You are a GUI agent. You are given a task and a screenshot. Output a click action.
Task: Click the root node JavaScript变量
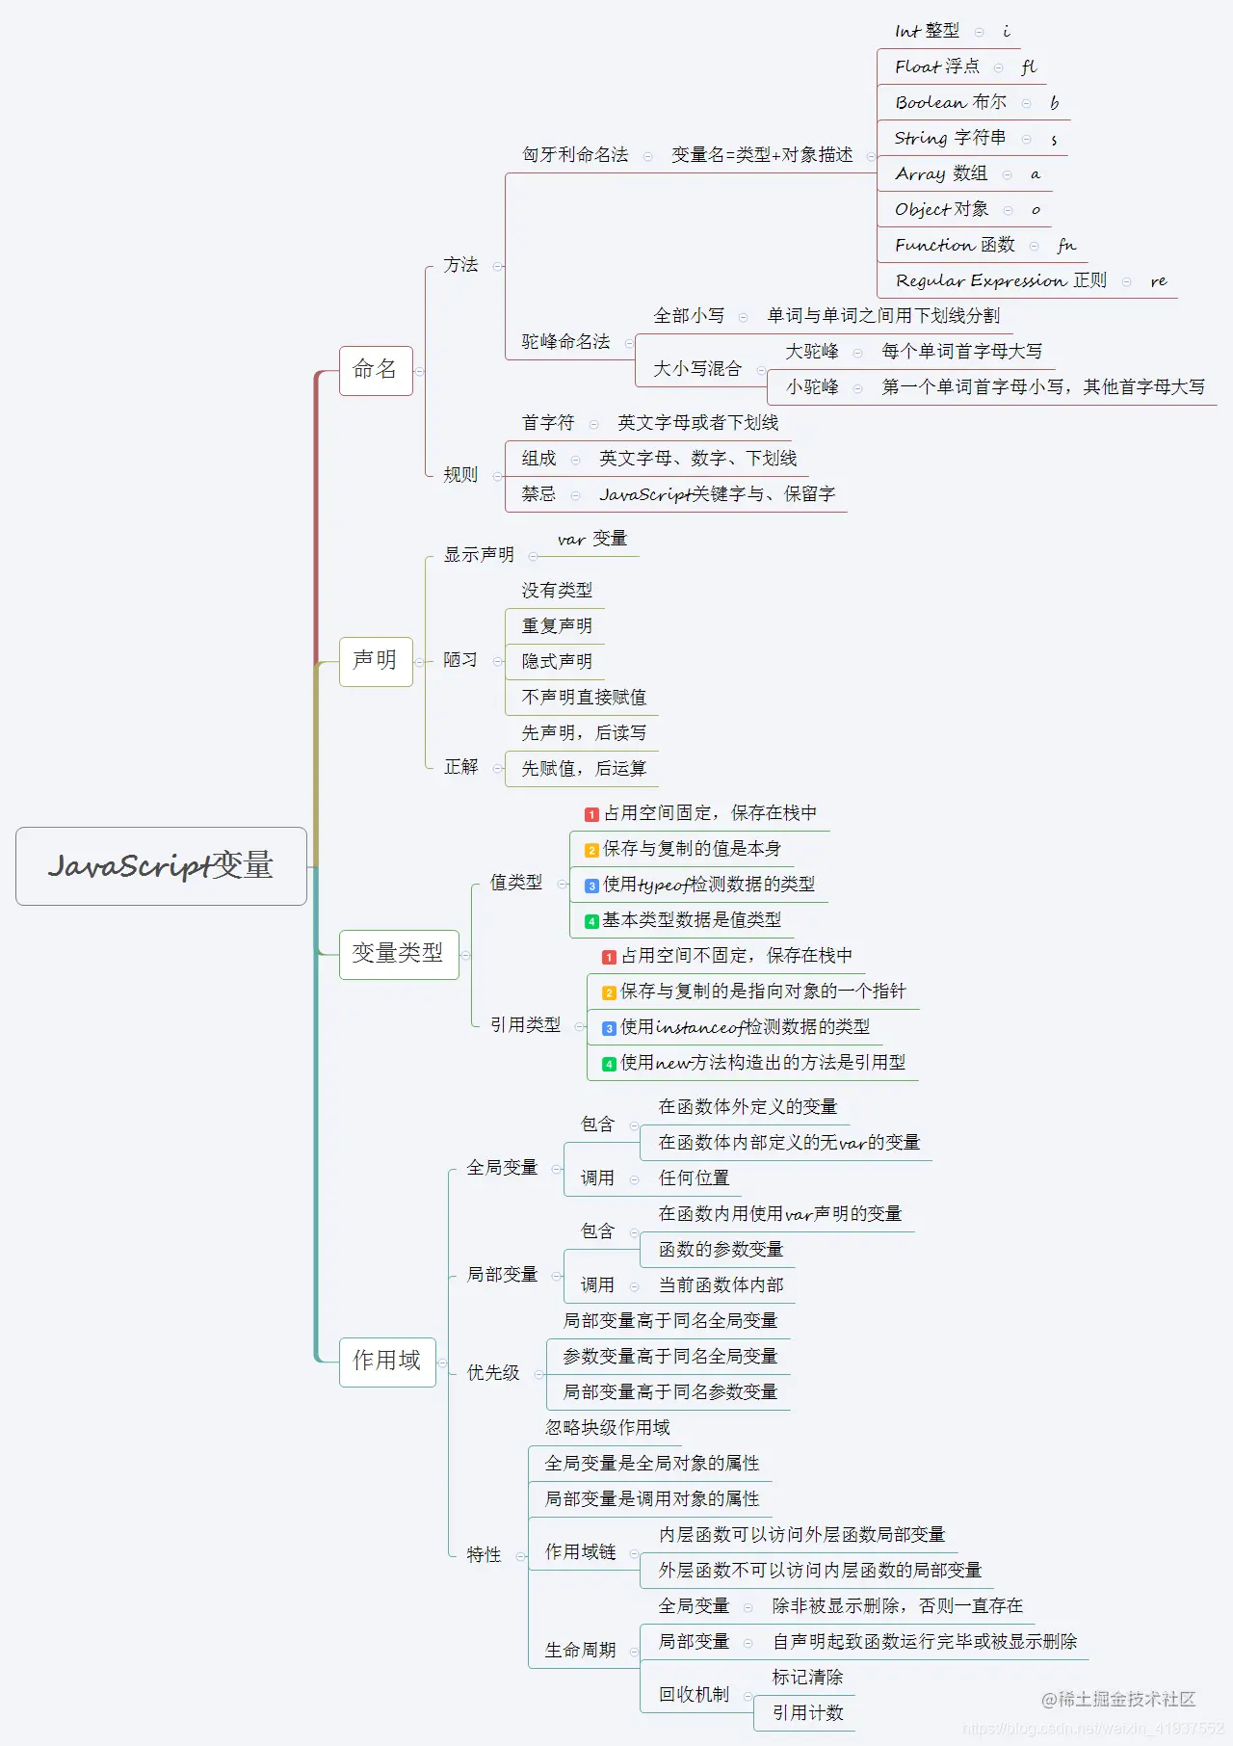tap(161, 865)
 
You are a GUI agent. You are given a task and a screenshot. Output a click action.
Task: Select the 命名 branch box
tap(376, 370)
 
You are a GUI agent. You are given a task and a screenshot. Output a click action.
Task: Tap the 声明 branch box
tap(376, 661)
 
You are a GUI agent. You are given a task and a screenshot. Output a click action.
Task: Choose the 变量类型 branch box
tap(398, 954)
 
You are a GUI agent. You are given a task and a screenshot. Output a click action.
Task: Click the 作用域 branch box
tap(387, 1362)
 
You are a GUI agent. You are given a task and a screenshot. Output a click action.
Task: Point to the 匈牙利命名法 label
tap(575, 155)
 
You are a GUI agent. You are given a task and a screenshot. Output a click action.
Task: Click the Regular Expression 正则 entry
tap(1000, 280)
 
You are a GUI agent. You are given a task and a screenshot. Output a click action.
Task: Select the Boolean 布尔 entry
tap(950, 102)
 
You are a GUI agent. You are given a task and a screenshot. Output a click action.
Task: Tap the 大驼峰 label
tap(812, 352)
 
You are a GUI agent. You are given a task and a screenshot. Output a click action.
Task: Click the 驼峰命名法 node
tap(565, 342)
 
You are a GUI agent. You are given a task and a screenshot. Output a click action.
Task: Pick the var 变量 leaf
tap(591, 539)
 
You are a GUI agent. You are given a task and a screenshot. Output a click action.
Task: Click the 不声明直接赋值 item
tap(584, 698)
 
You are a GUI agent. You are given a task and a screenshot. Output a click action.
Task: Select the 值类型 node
tap(515, 883)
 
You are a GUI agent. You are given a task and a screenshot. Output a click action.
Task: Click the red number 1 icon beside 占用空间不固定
tap(609, 957)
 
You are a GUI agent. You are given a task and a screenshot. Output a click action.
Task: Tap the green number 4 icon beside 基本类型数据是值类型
tap(591, 921)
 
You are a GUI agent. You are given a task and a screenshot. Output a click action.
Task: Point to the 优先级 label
tap(493, 1373)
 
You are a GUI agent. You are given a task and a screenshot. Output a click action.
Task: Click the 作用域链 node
tap(580, 1551)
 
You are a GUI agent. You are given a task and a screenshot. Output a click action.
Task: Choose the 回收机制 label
tap(694, 1694)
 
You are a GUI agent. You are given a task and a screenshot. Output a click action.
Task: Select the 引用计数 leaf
tap(807, 1712)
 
